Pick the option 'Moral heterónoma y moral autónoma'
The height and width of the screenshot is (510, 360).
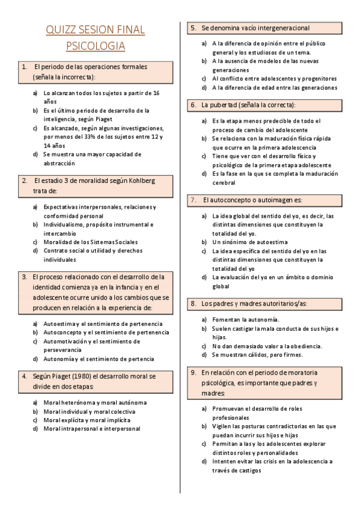tap(95, 403)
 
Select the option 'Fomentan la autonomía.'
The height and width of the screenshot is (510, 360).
tap(245, 319)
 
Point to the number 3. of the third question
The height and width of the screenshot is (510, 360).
tap(24, 277)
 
